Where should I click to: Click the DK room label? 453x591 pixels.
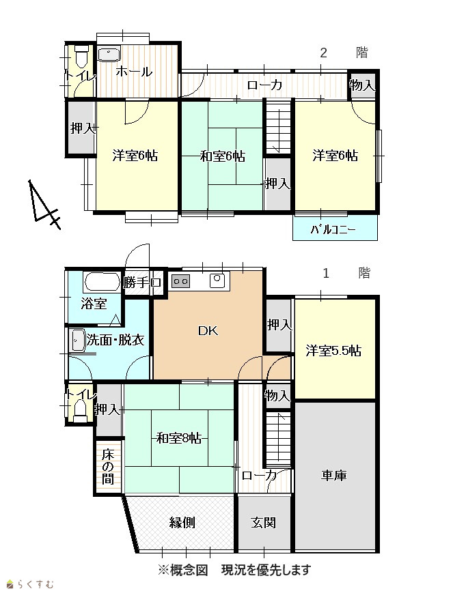pyautogui.click(x=208, y=331)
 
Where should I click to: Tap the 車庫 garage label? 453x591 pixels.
pyautogui.click(x=334, y=475)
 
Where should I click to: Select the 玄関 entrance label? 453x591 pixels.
pyautogui.click(x=264, y=522)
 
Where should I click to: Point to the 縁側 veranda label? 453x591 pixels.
pyautogui.click(x=182, y=522)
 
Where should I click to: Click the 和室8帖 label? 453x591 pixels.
pyautogui.click(x=178, y=438)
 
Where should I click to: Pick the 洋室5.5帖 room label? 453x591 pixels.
pyautogui.click(x=333, y=351)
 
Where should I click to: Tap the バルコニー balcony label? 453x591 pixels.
pyautogui.click(x=333, y=229)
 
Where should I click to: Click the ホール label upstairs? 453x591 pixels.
pyautogui.click(x=134, y=71)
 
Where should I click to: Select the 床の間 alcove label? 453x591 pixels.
pyautogui.click(x=107, y=467)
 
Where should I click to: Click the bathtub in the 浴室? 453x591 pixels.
pyautogui.click(x=102, y=283)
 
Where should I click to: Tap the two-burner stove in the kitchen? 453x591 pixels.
pyautogui.click(x=181, y=281)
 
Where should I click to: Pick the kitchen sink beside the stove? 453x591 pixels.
pyautogui.click(x=217, y=280)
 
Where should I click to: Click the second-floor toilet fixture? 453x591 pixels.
pyautogui.click(x=81, y=55)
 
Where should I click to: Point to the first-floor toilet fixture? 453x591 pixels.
pyautogui.click(x=80, y=411)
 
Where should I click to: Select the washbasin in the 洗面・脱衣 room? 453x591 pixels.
pyautogui.click(x=77, y=341)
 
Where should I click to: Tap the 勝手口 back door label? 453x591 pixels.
pyautogui.click(x=143, y=283)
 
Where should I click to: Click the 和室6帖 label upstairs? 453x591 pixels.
pyautogui.click(x=222, y=156)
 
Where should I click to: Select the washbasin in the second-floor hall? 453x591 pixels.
pyautogui.click(x=109, y=55)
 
